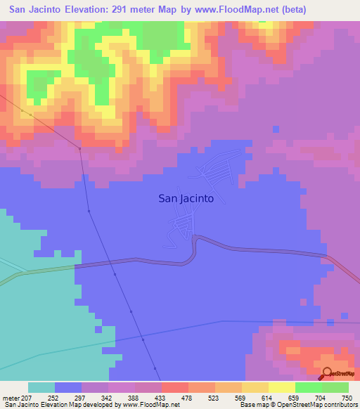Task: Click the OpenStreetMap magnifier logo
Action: (x=328, y=373)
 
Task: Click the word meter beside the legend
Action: (x=10, y=397)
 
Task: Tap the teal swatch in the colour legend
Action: (x=41, y=387)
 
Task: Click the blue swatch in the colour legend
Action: (x=68, y=387)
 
